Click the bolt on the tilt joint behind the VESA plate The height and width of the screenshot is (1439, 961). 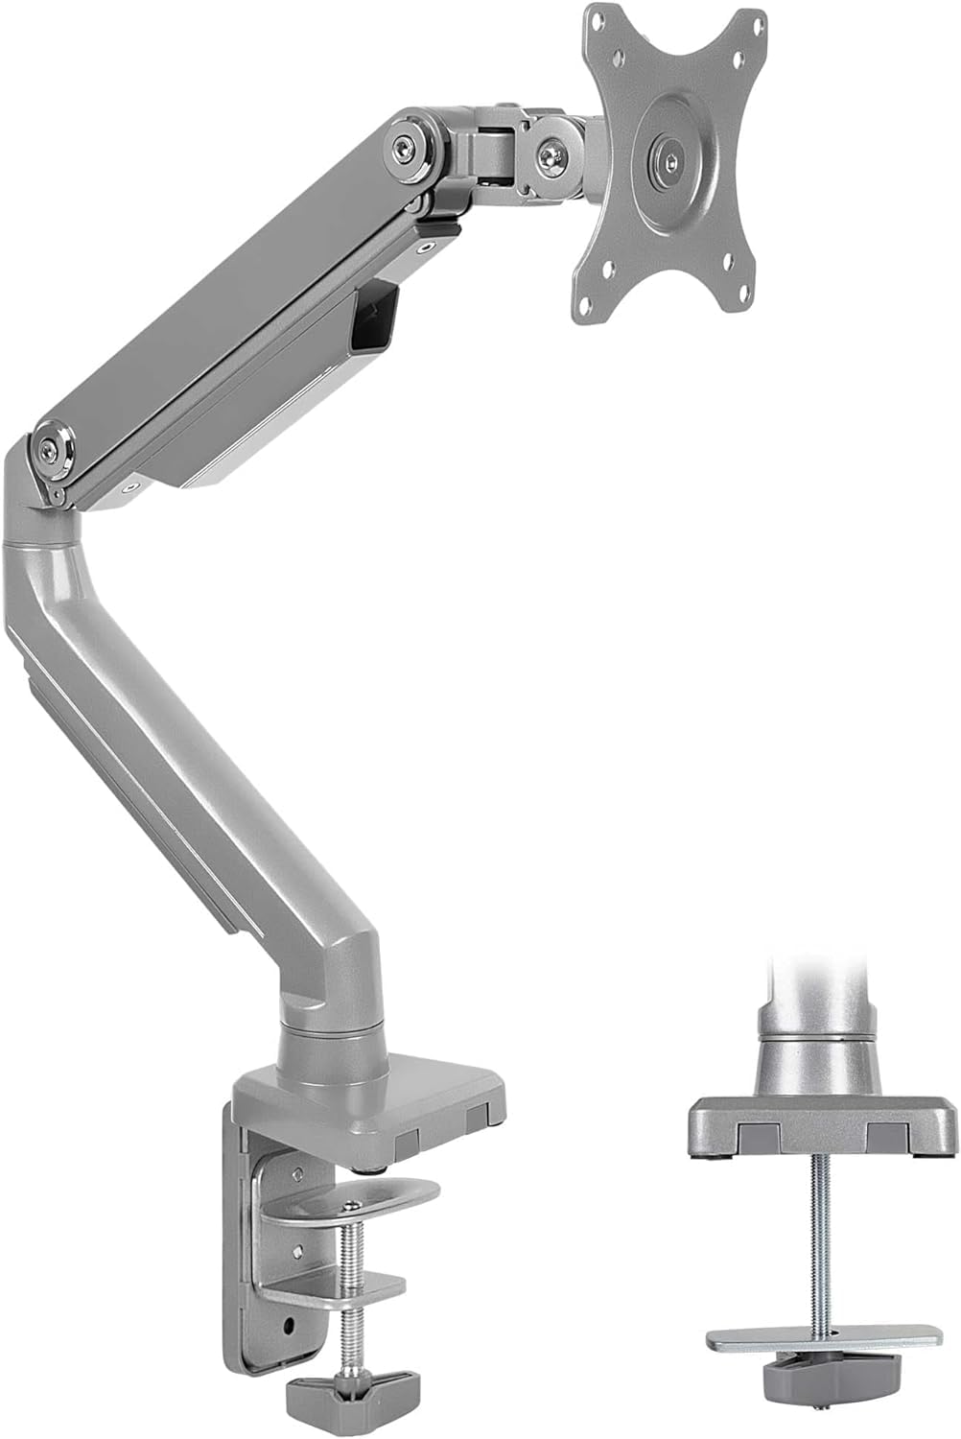click(551, 153)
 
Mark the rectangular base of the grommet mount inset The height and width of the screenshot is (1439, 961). click(822, 1128)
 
